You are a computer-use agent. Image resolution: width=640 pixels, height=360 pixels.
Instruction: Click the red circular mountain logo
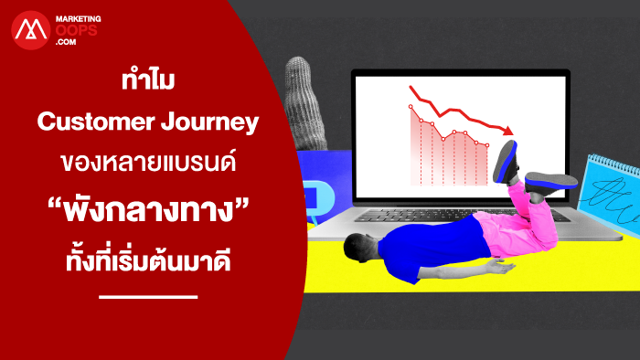point(30,30)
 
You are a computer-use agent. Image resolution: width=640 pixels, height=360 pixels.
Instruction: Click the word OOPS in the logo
point(76,30)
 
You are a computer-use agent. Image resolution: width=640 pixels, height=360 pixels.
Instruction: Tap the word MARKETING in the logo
point(79,19)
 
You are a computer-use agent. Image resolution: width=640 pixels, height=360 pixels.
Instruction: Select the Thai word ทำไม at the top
point(148,79)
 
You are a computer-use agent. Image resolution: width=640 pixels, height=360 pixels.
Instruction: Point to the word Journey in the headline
point(209,122)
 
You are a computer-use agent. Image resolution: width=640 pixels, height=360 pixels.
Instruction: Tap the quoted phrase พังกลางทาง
point(148,209)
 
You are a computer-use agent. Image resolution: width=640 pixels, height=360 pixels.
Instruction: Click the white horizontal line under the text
point(148,297)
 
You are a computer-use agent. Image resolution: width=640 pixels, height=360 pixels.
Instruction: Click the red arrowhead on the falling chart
point(508,131)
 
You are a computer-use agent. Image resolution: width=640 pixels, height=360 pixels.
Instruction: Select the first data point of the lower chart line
point(411,107)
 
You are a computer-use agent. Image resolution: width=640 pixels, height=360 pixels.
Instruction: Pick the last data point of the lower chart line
point(487,145)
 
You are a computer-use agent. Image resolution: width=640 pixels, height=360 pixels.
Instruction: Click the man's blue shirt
point(432,245)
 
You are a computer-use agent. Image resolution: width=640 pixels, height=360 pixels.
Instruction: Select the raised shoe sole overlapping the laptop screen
point(507,162)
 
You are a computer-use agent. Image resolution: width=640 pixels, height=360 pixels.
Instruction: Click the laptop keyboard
point(457,215)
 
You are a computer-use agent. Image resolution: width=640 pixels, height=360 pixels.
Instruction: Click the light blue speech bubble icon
point(319,198)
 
